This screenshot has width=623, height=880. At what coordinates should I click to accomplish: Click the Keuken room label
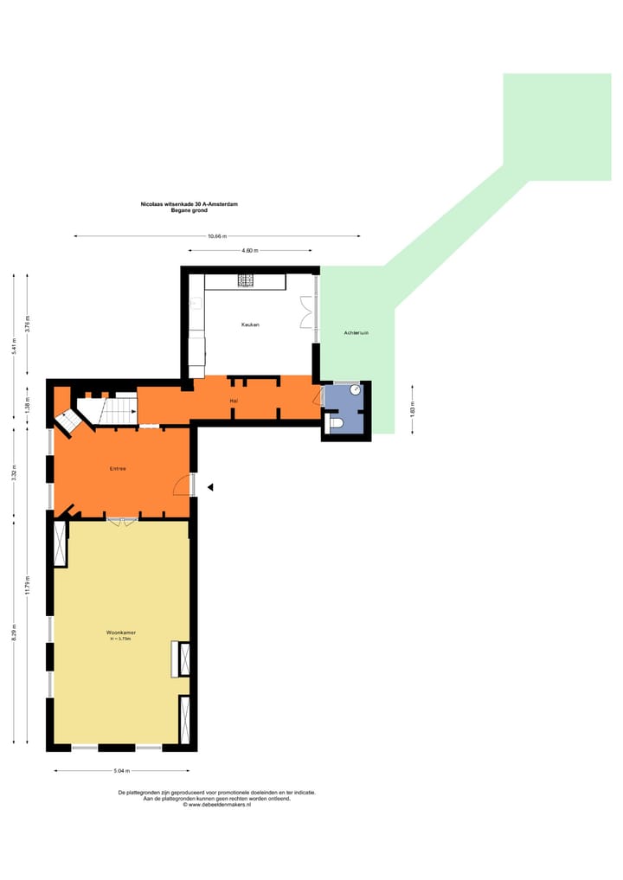(x=250, y=324)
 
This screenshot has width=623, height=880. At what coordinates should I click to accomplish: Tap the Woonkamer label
(x=121, y=633)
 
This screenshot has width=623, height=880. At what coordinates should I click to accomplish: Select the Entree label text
(x=118, y=468)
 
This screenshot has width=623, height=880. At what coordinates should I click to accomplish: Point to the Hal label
(x=234, y=401)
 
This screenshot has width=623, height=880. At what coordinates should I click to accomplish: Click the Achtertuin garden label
(x=356, y=332)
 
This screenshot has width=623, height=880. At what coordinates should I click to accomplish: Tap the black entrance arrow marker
(x=209, y=488)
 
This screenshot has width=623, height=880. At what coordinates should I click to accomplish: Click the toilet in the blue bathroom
(x=339, y=423)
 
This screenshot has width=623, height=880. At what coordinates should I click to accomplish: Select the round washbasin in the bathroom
(x=355, y=390)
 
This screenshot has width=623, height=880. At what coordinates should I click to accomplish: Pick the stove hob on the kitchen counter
(x=246, y=280)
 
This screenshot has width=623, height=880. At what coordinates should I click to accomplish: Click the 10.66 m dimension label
(x=217, y=236)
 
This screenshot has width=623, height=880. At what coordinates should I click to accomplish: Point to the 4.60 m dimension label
(x=249, y=251)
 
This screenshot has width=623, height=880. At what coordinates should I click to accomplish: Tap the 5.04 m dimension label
(x=121, y=770)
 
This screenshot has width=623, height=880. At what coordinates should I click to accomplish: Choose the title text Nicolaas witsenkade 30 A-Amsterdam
(x=189, y=204)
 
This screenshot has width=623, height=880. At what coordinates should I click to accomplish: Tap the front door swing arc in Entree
(x=181, y=485)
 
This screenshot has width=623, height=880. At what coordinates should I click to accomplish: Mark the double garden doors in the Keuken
(x=305, y=312)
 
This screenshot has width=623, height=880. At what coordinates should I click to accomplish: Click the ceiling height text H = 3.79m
(x=121, y=639)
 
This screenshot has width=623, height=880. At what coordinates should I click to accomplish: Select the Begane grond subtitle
(x=189, y=210)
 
